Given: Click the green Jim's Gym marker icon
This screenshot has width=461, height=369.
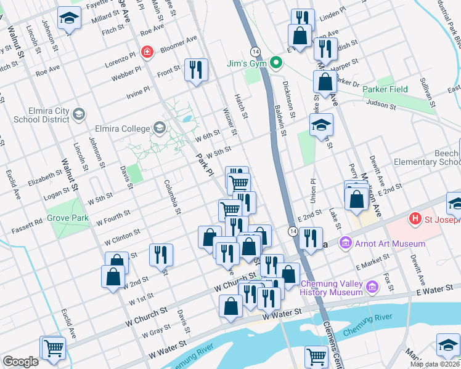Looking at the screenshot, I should (277, 62).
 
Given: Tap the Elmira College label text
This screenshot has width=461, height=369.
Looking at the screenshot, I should (123, 129).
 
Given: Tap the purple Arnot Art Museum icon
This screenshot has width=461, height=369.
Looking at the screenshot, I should (345, 244).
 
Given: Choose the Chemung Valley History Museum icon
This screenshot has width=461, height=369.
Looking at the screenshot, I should (372, 287).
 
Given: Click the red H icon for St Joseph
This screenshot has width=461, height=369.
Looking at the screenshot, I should (415, 218).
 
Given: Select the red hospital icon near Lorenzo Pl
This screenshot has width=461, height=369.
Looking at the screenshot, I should (147, 51).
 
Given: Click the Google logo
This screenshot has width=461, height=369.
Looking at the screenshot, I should (20, 362).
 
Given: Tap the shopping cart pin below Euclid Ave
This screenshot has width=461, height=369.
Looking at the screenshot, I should (54, 348).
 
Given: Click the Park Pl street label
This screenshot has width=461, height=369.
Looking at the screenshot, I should (204, 163).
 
